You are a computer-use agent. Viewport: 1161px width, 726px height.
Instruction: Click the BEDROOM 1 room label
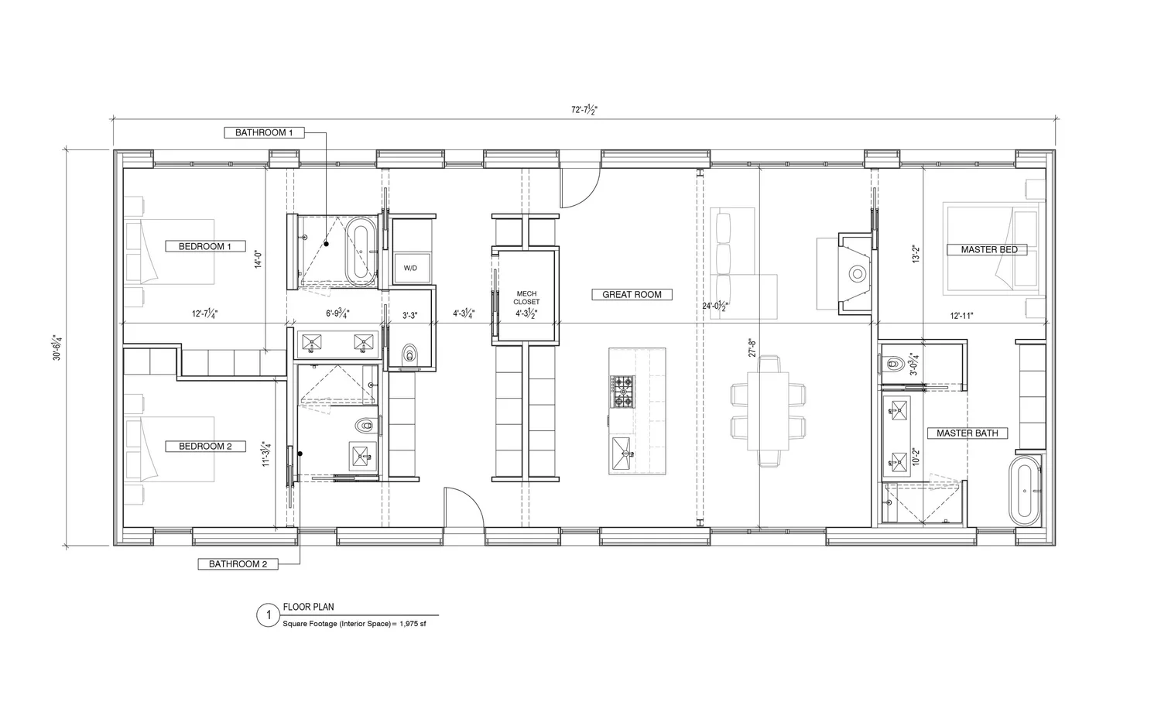coord(205,246)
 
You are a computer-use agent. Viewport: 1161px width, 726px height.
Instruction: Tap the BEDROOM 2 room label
coord(205,446)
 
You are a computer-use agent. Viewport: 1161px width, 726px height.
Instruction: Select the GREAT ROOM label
coord(632,294)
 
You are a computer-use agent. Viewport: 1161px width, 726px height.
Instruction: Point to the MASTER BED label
coord(988,249)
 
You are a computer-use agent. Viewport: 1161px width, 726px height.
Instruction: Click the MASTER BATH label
coord(967,433)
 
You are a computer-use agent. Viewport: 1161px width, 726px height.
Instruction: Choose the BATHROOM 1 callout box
coord(264,132)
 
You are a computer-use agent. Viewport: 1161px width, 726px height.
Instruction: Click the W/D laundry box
coord(410,268)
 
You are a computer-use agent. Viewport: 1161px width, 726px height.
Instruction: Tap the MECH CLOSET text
coord(526,298)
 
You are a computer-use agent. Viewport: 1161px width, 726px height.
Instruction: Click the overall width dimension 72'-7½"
coord(584,110)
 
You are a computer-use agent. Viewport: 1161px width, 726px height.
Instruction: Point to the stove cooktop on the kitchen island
coord(622,392)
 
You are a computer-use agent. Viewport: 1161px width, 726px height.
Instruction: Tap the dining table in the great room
coord(768,411)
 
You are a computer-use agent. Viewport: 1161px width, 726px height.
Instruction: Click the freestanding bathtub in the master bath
coord(1026,491)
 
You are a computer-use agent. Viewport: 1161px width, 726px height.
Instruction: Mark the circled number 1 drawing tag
coord(268,615)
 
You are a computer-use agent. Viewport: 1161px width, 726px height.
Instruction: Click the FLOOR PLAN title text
coord(309,607)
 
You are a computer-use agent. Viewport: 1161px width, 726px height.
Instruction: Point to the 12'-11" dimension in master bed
coord(961,315)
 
